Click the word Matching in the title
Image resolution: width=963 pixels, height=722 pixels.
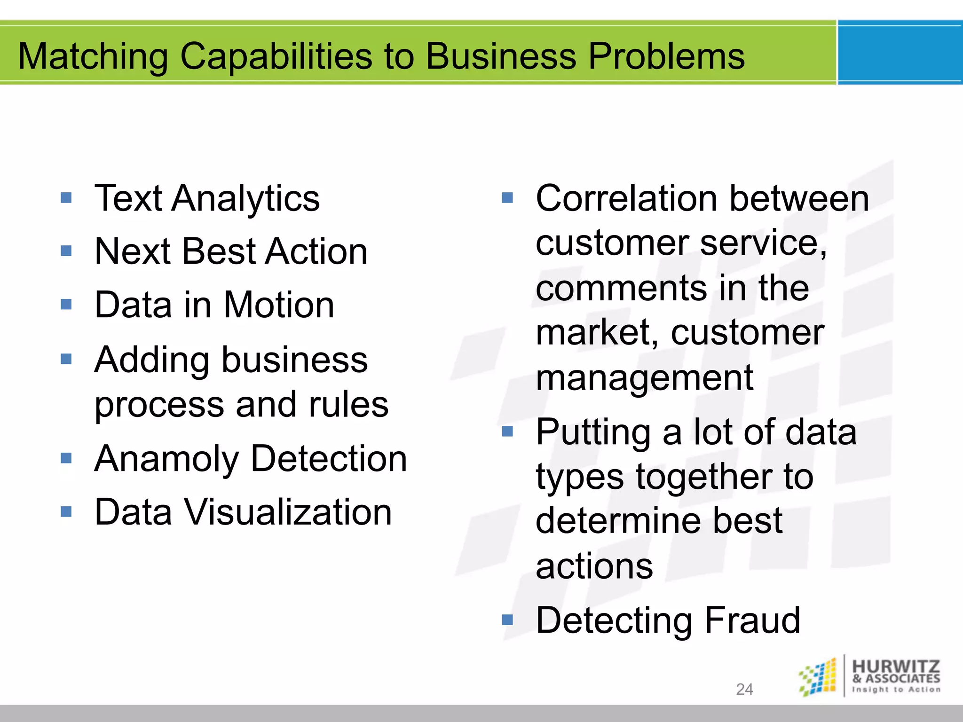coord(93,56)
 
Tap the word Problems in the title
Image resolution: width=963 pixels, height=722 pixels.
coord(666,56)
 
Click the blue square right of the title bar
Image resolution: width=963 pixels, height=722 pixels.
coord(900,53)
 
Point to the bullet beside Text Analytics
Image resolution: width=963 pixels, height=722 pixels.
coord(66,197)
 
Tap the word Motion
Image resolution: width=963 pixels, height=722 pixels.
coord(279,305)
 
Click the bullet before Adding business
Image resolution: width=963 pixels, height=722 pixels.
coord(66,360)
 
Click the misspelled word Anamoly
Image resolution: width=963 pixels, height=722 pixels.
coord(166,459)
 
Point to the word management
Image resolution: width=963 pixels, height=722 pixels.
coord(644,378)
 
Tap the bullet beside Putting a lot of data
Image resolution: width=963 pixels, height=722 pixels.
coord(507,431)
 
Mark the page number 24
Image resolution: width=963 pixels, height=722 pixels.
coord(744,689)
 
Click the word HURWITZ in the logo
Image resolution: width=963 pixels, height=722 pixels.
coord(896,666)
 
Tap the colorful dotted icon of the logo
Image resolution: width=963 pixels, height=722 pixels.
coord(818,677)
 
